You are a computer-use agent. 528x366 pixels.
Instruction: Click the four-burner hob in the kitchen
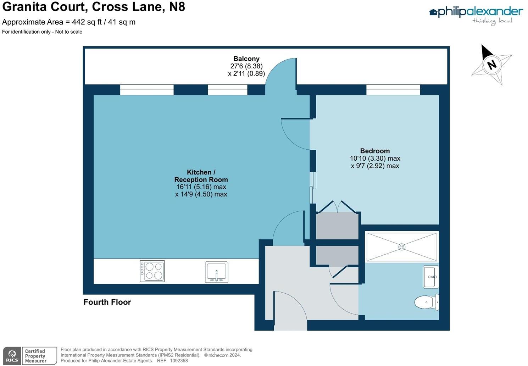coord(152,271)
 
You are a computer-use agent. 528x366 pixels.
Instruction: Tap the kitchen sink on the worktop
coord(216,272)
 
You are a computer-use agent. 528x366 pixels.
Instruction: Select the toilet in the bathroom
coord(427,302)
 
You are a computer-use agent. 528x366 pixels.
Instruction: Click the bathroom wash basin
coord(431,277)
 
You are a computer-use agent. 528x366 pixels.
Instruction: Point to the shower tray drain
coord(402,247)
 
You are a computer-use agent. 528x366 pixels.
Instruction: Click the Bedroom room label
coord(375,151)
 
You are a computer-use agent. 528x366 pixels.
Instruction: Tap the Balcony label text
coord(246,59)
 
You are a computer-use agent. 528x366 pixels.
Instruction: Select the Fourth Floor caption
coord(107,302)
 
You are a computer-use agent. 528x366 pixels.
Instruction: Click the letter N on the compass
coord(491,65)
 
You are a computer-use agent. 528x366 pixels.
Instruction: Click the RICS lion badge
coord(12,356)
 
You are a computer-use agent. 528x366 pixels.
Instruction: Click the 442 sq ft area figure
coord(87,22)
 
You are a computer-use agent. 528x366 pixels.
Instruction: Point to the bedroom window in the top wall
coord(393,90)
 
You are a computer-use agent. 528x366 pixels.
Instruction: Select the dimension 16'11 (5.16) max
coord(201,187)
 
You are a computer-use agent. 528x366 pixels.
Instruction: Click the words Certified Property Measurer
coord(35,356)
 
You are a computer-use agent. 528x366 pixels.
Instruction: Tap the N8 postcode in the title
coord(177,7)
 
